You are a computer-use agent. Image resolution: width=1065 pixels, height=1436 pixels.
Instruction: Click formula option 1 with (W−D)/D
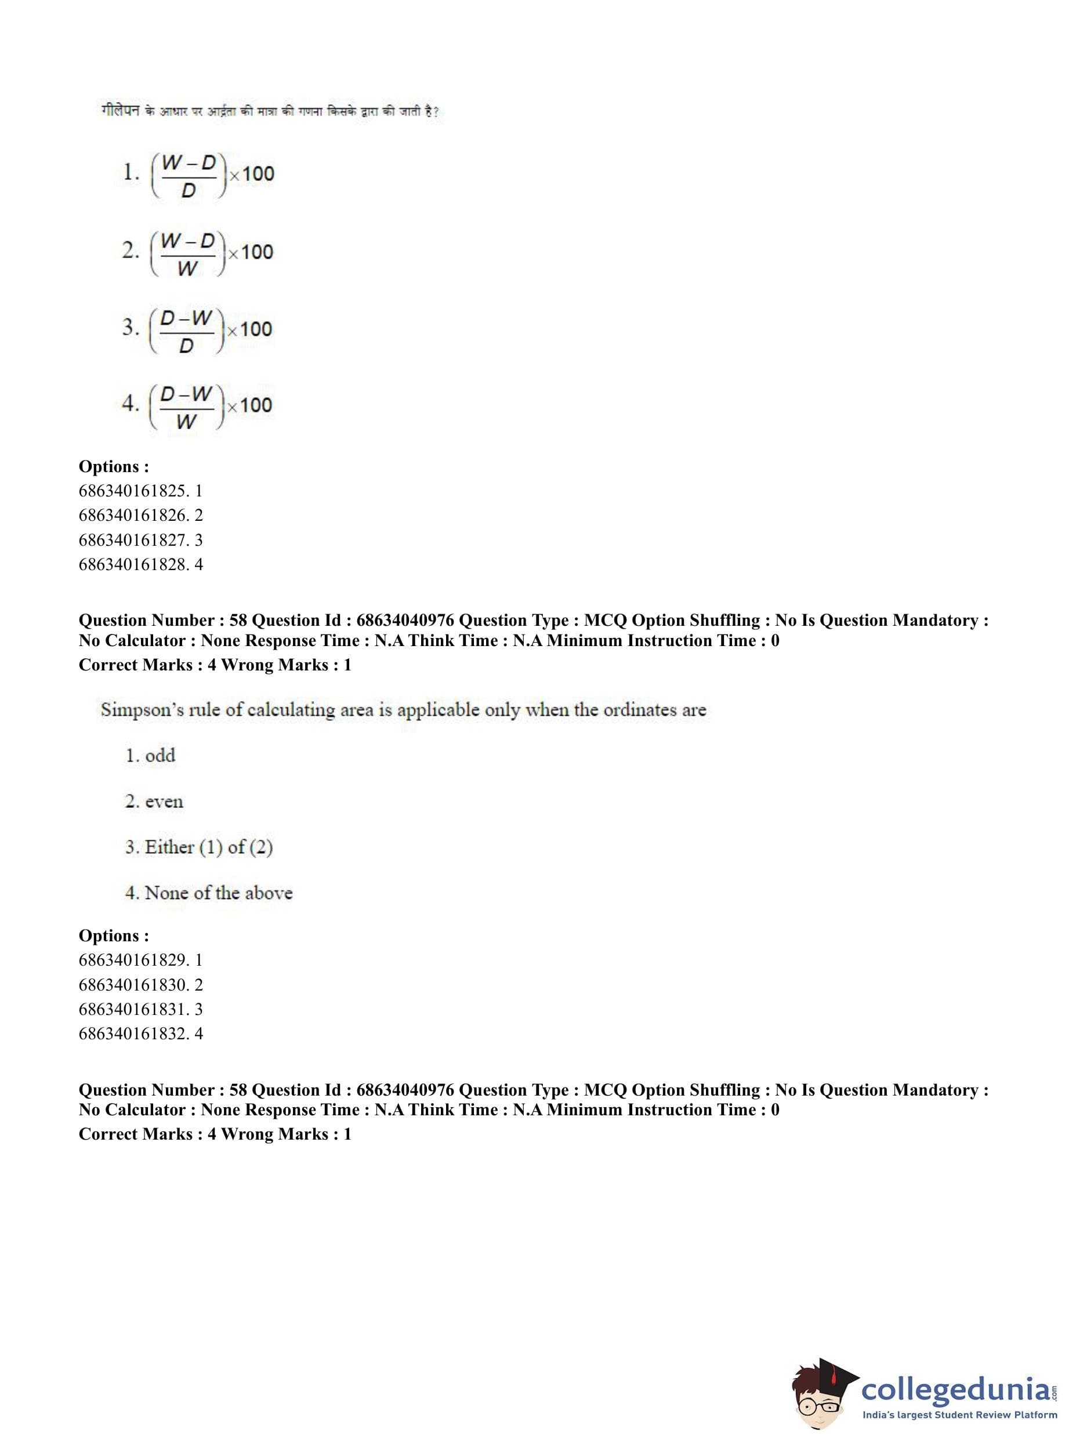coord(198,175)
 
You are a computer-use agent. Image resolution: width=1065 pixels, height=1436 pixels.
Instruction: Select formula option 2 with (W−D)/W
coord(197,253)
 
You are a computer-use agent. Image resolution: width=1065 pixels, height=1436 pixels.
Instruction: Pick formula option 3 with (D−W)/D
coord(197,330)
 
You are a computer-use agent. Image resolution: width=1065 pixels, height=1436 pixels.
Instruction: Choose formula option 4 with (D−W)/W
coord(197,406)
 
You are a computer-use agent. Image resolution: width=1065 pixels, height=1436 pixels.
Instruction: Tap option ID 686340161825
coord(140,491)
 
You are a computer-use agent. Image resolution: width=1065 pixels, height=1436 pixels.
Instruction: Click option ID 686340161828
coord(140,565)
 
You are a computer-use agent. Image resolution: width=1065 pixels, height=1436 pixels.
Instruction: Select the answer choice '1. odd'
coord(150,755)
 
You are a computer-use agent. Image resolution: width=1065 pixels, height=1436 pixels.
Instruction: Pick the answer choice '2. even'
coord(154,802)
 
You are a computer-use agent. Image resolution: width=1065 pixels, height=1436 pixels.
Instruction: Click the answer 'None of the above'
coord(209,893)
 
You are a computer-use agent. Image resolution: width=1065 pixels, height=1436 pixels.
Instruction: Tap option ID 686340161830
coord(140,985)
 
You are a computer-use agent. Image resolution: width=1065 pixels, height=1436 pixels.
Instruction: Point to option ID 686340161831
coord(140,1009)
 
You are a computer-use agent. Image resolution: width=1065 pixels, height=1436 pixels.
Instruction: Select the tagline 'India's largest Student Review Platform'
coord(959,1415)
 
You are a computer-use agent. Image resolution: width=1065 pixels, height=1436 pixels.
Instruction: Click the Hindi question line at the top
coord(270,111)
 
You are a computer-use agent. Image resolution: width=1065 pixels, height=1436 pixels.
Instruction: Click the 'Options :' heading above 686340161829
coord(114,935)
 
